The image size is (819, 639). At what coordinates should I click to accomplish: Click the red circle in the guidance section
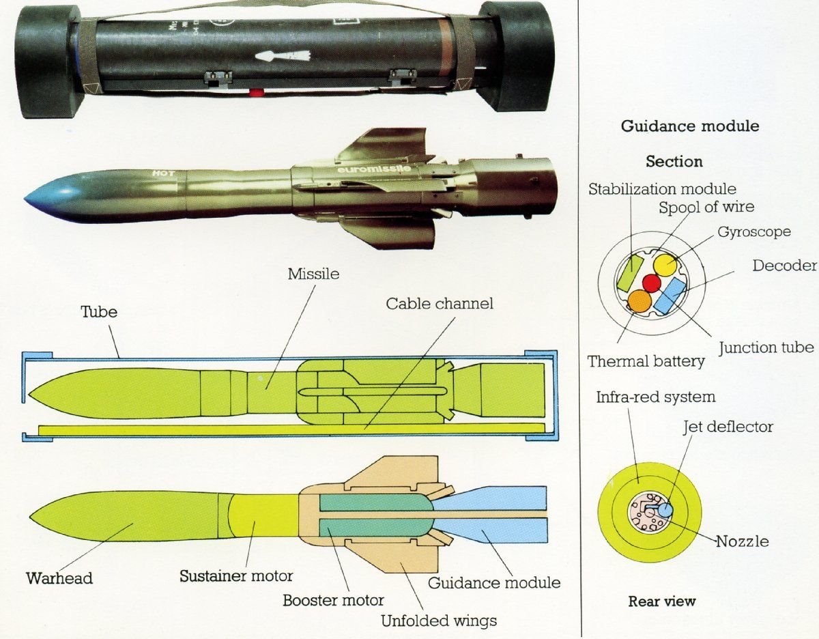point(652,283)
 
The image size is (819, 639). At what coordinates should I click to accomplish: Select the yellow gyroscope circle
point(665,265)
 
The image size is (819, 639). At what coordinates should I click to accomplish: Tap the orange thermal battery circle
point(640,301)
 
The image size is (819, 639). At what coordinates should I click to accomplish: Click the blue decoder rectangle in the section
point(672,295)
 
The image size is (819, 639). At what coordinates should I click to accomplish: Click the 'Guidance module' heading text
point(689,126)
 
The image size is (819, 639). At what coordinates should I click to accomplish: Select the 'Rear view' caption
point(661,601)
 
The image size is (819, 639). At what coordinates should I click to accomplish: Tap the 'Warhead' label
point(59,578)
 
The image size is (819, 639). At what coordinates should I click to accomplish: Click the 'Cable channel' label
point(439,303)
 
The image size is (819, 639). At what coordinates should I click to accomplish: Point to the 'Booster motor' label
point(334,601)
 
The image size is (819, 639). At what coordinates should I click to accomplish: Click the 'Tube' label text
point(99,312)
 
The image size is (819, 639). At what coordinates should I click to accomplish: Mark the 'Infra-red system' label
point(655,397)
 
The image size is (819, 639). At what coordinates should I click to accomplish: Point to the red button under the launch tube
point(256,92)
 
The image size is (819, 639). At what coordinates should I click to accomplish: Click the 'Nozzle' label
point(742,541)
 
